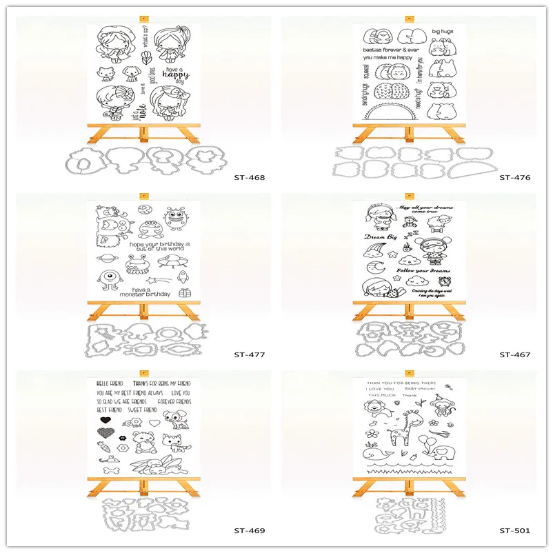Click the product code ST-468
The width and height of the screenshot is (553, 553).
(249, 177)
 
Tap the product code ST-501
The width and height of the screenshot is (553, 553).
(514, 531)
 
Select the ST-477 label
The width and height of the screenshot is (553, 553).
(249, 355)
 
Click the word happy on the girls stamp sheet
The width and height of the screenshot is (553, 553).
(176, 81)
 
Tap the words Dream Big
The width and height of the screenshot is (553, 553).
(379, 237)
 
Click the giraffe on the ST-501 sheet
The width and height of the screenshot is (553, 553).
(398, 432)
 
